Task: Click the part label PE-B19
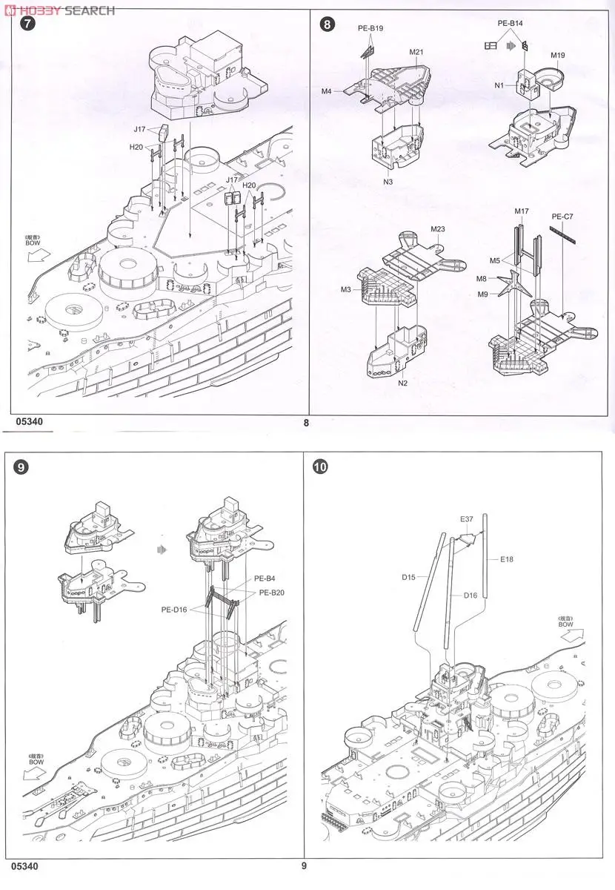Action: [370, 29]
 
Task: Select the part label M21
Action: [416, 53]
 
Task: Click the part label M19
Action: [558, 56]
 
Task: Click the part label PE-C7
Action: [562, 217]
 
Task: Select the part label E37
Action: [466, 519]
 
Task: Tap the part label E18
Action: [507, 558]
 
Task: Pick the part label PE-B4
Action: [265, 578]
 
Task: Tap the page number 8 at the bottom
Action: [305, 423]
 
